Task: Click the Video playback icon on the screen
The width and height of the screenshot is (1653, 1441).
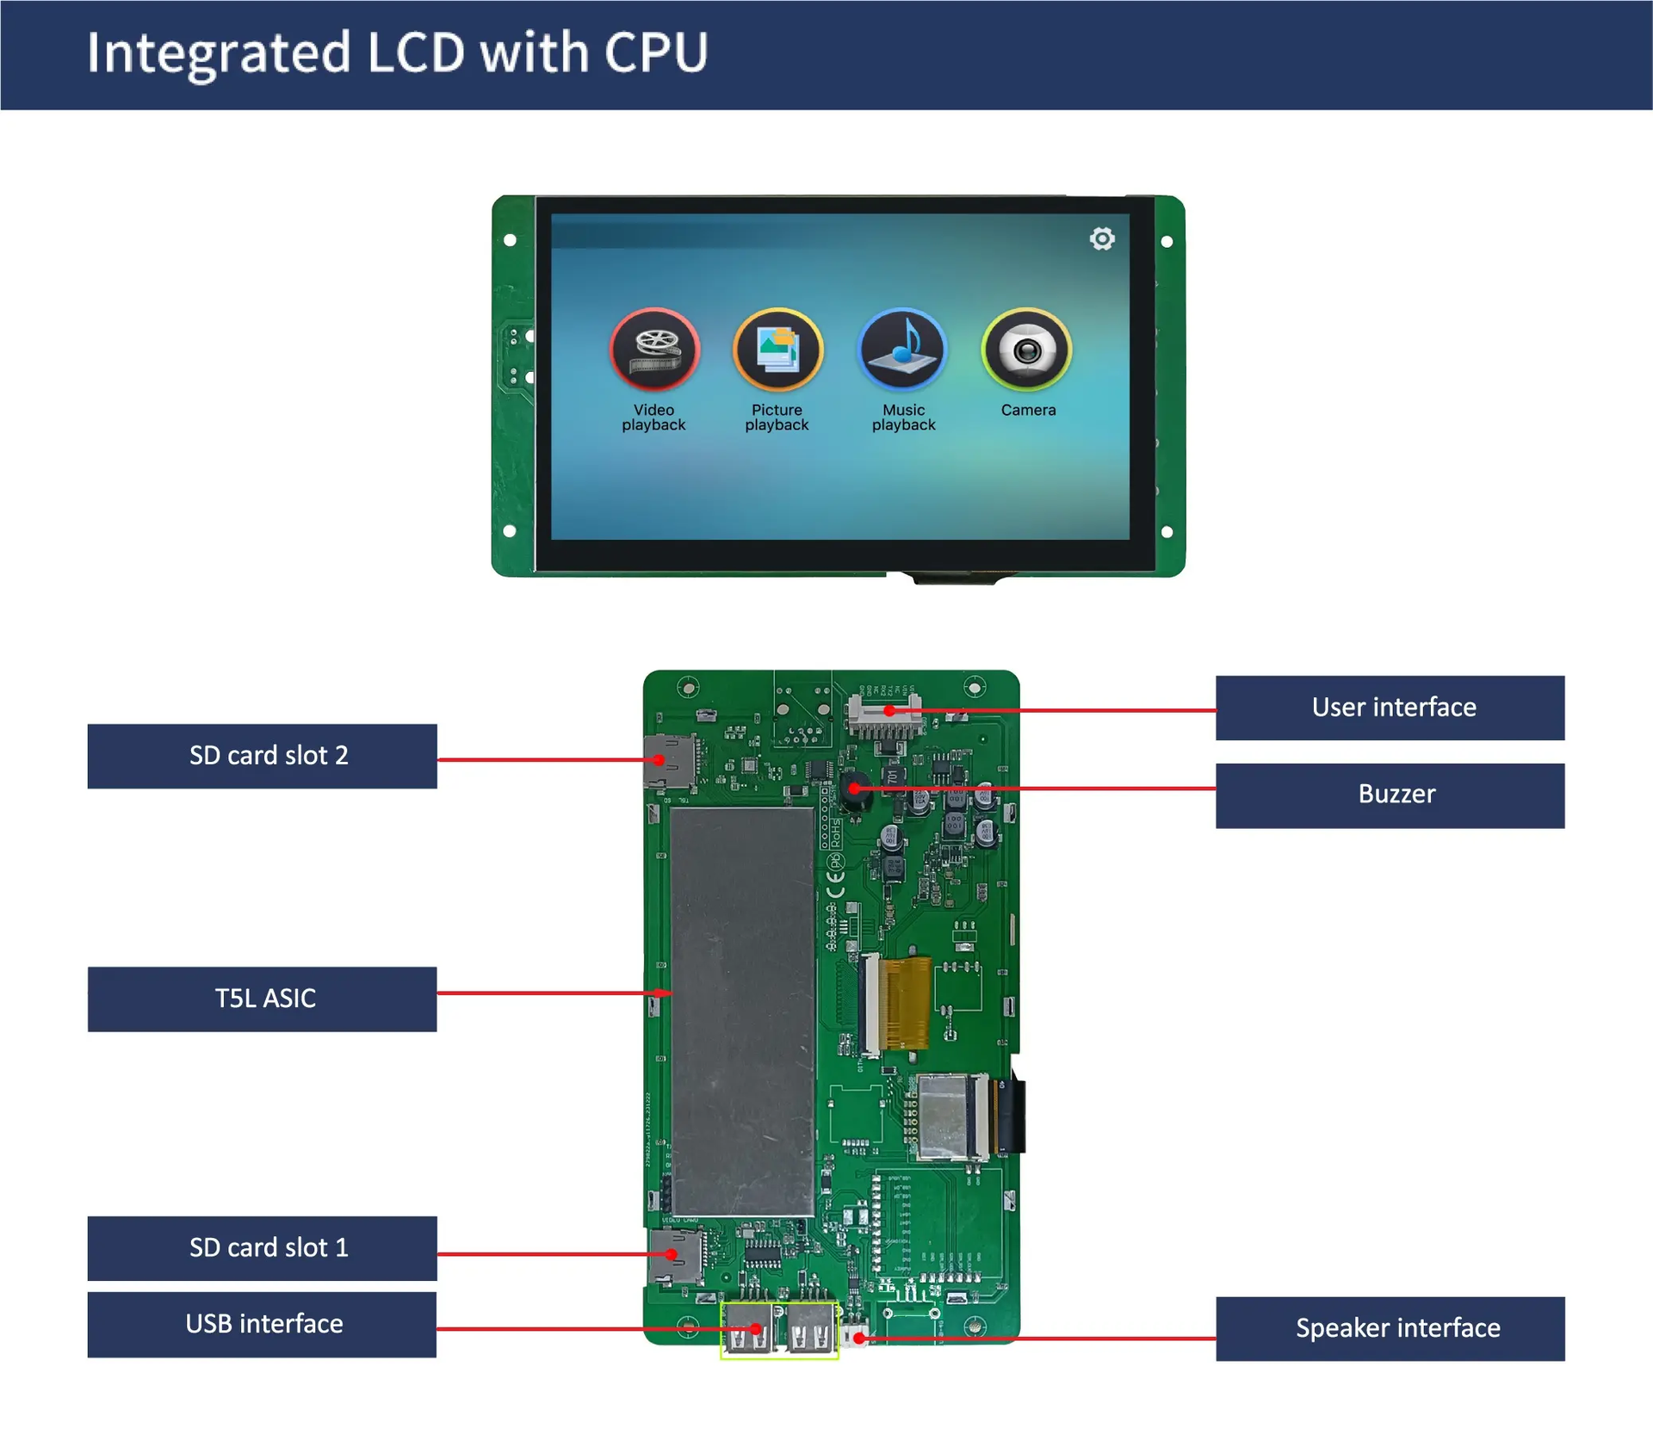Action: click(654, 349)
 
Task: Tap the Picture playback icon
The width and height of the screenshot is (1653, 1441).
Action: click(777, 349)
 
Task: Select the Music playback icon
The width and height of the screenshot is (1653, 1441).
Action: click(902, 349)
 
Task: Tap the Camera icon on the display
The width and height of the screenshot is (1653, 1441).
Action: click(1026, 349)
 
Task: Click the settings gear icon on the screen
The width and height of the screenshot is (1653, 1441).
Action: click(1102, 238)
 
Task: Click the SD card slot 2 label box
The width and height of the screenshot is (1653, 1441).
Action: click(262, 756)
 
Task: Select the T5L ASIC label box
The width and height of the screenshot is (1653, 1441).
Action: click(262, 999)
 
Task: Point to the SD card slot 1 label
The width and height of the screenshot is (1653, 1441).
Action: click(262, 1247)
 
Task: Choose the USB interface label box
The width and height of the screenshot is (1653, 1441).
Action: click(262, 1324)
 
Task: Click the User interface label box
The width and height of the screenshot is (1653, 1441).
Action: click(1390, 708)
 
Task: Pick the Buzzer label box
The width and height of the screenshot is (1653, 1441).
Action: click(1390, 795)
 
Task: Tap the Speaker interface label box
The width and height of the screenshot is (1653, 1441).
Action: click(1390, 1328)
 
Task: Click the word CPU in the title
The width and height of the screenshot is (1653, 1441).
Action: click(656, 53)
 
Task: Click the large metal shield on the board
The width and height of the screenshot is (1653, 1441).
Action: click(742, 1011)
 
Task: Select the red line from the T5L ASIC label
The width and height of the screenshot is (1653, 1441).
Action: click(542, 993)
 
